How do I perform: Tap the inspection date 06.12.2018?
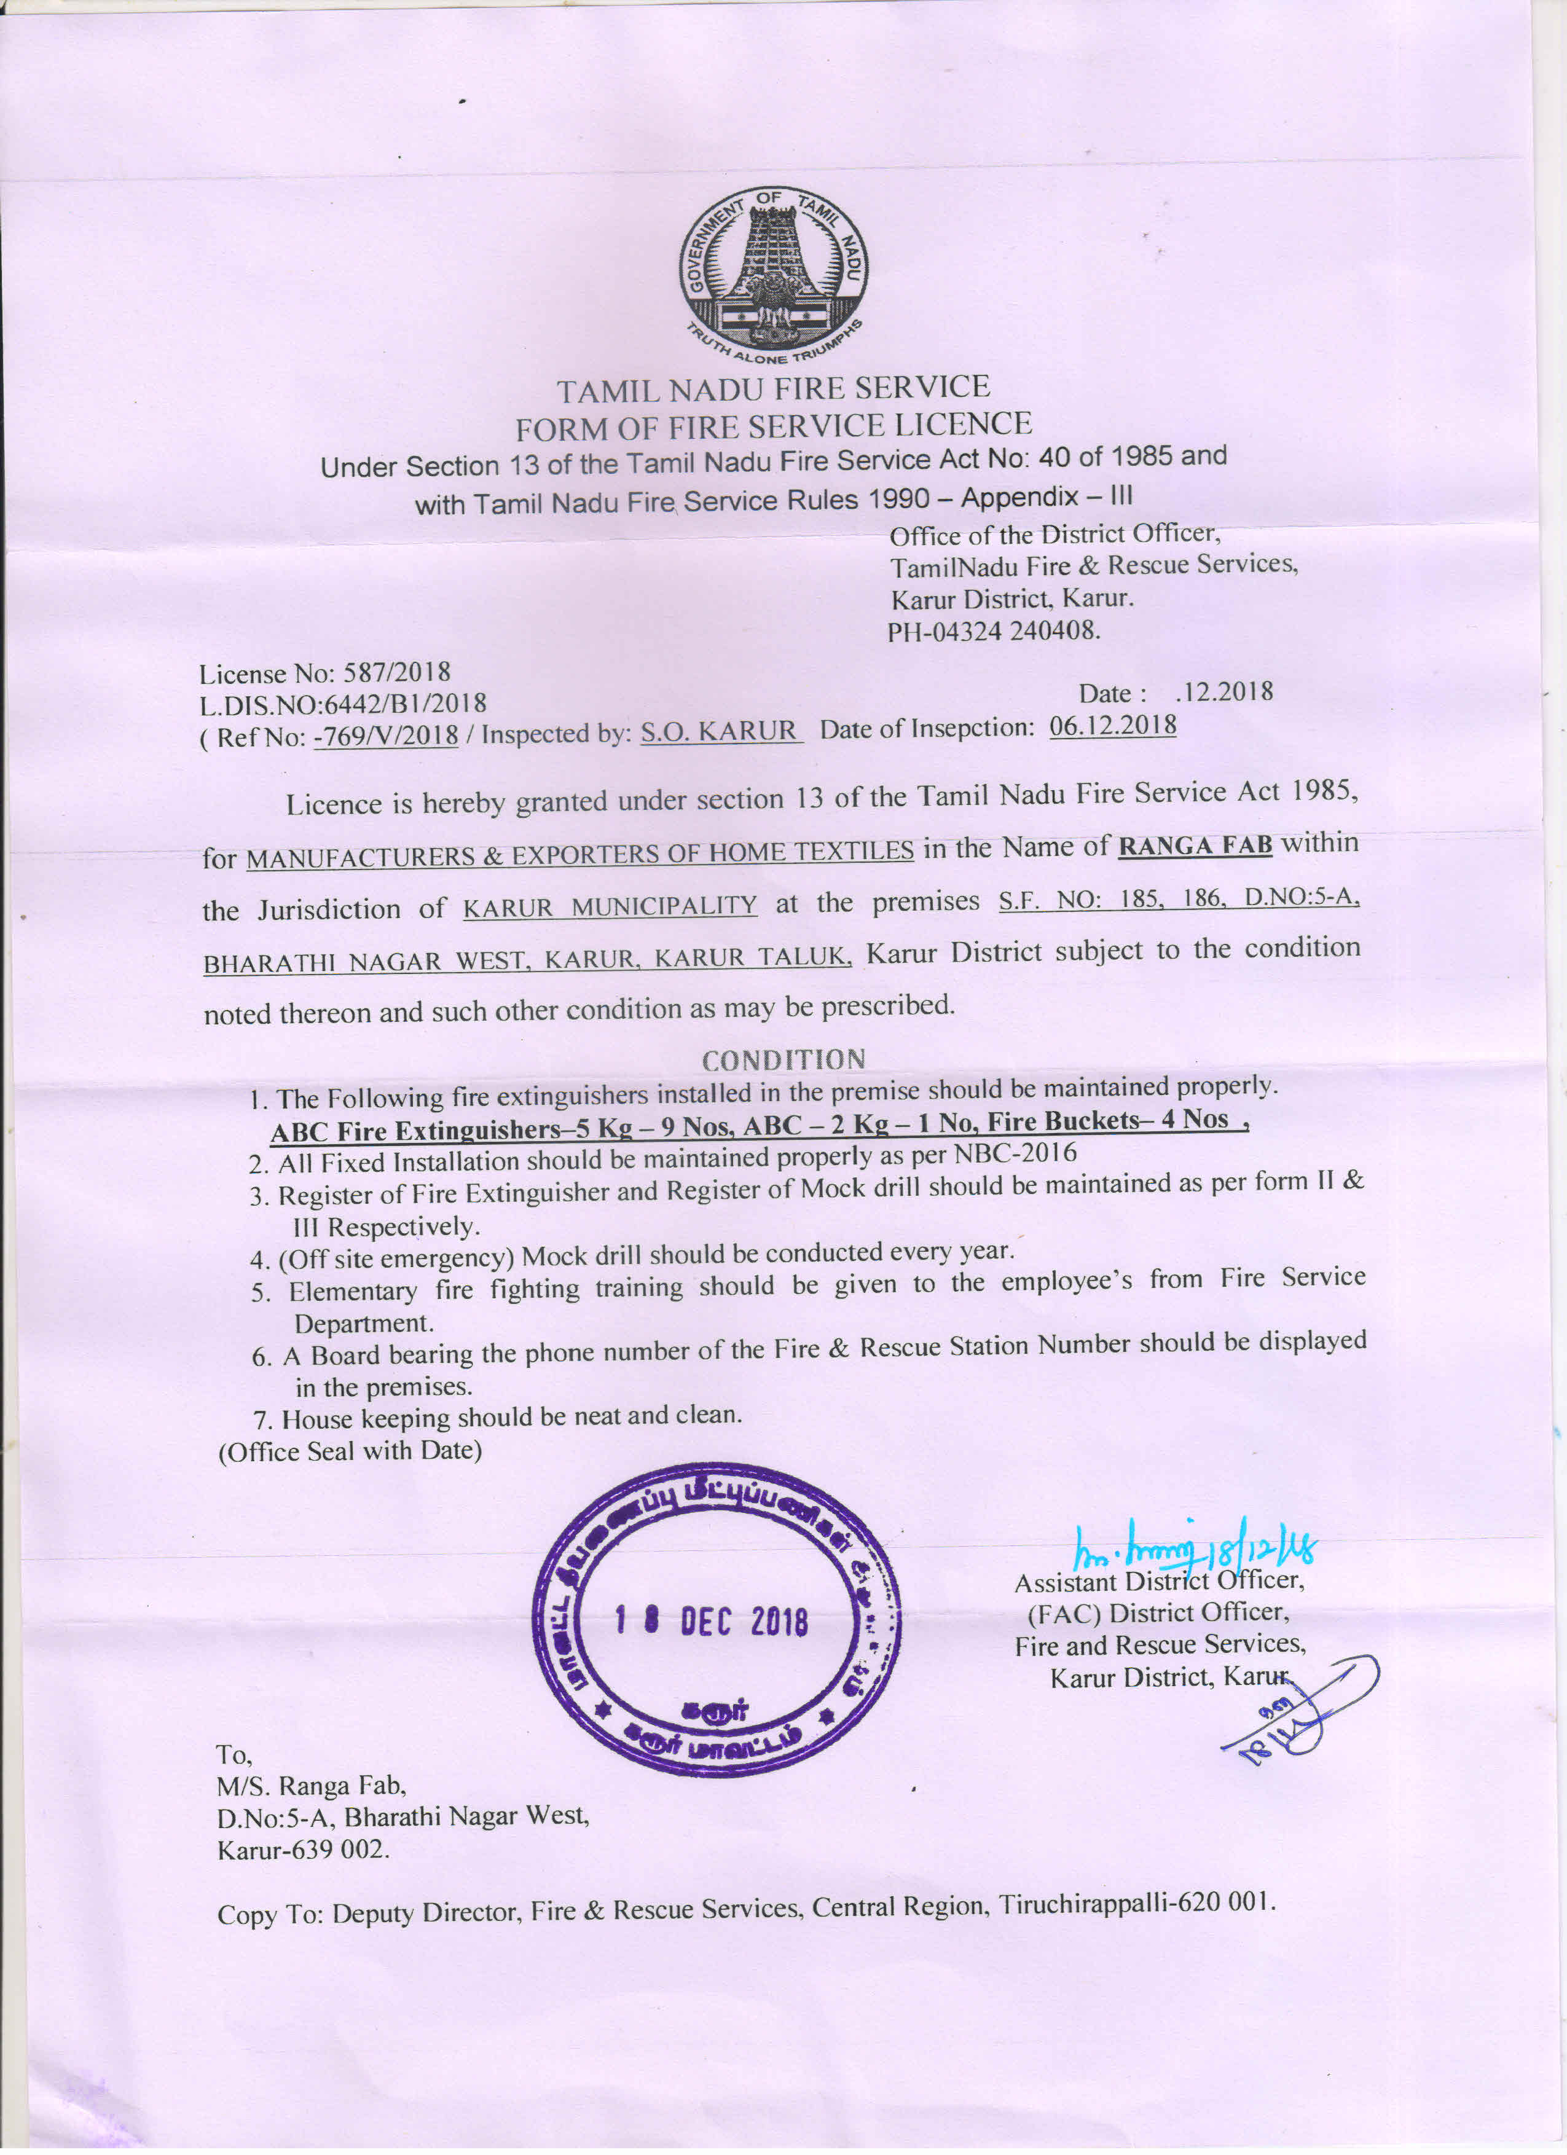tap(1113, 726)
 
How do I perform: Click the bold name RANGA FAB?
tap(1195, 844)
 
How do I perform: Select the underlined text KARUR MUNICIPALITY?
tap(610, 906)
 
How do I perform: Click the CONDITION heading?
tap(783, 1059)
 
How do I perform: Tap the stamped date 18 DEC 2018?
tap(712, 1622)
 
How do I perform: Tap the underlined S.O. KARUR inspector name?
tap(720, 731)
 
